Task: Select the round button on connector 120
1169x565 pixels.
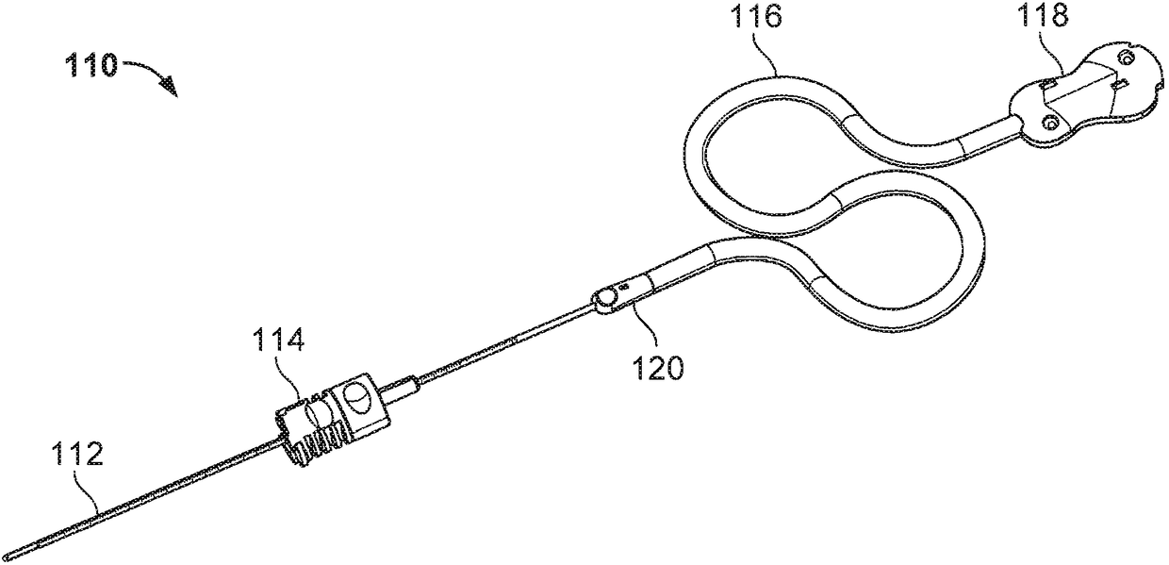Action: click(604, 299)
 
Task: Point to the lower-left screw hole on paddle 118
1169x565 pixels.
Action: click(1048, 122)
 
